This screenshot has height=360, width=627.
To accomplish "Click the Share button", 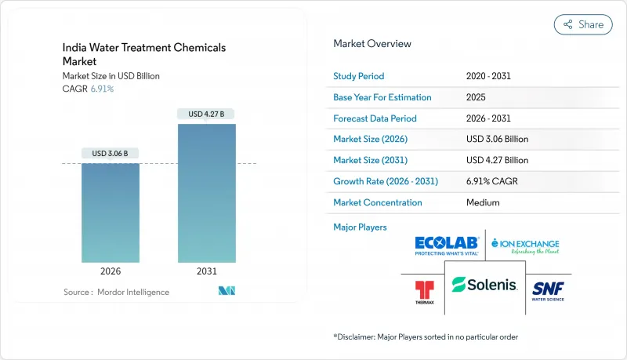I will click(x=583, y=24).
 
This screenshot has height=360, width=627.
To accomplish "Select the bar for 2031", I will click(x=205, y=192).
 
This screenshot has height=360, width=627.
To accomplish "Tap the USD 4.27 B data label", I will click(x=206, y=114).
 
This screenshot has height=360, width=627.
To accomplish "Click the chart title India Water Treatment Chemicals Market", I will click(x=144, y=54).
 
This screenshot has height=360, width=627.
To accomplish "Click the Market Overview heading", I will click(x=371, y=43).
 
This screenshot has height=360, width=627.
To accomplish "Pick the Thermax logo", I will click(x=424, y=291).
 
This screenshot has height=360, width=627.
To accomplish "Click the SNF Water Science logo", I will click(x=549, y=289).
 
